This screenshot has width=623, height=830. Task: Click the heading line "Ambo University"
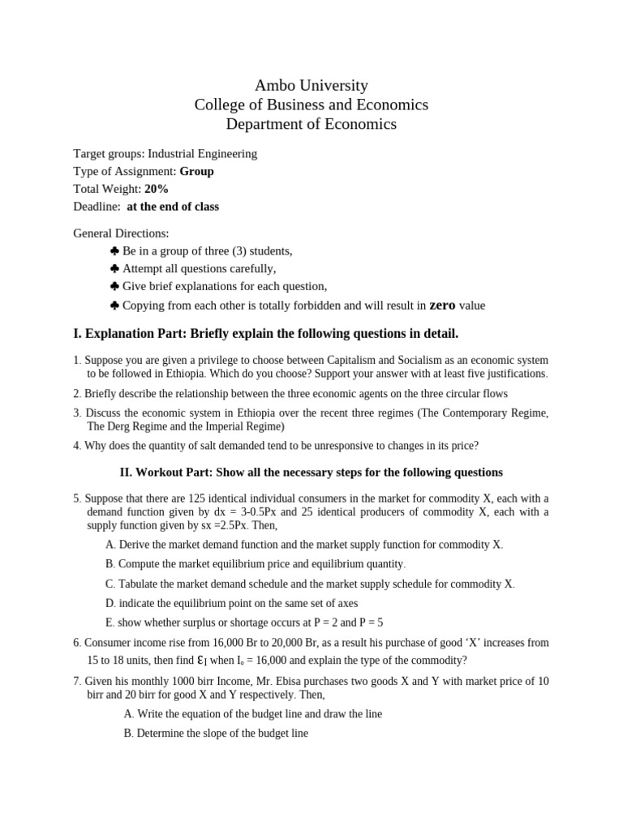click(x=311, y=85)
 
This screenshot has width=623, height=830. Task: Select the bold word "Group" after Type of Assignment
click(x=197, y=171)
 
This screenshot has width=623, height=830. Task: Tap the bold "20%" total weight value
click(x=157, y=189)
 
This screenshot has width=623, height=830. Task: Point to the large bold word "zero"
click(x=442, y=305)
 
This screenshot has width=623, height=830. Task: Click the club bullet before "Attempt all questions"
click(x=114, y=268)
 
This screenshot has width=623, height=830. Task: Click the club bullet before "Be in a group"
click(x=114, y=250)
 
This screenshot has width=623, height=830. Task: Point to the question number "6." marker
click(x=78, y=643)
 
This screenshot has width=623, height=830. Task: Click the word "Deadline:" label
click(x=97, y=207)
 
